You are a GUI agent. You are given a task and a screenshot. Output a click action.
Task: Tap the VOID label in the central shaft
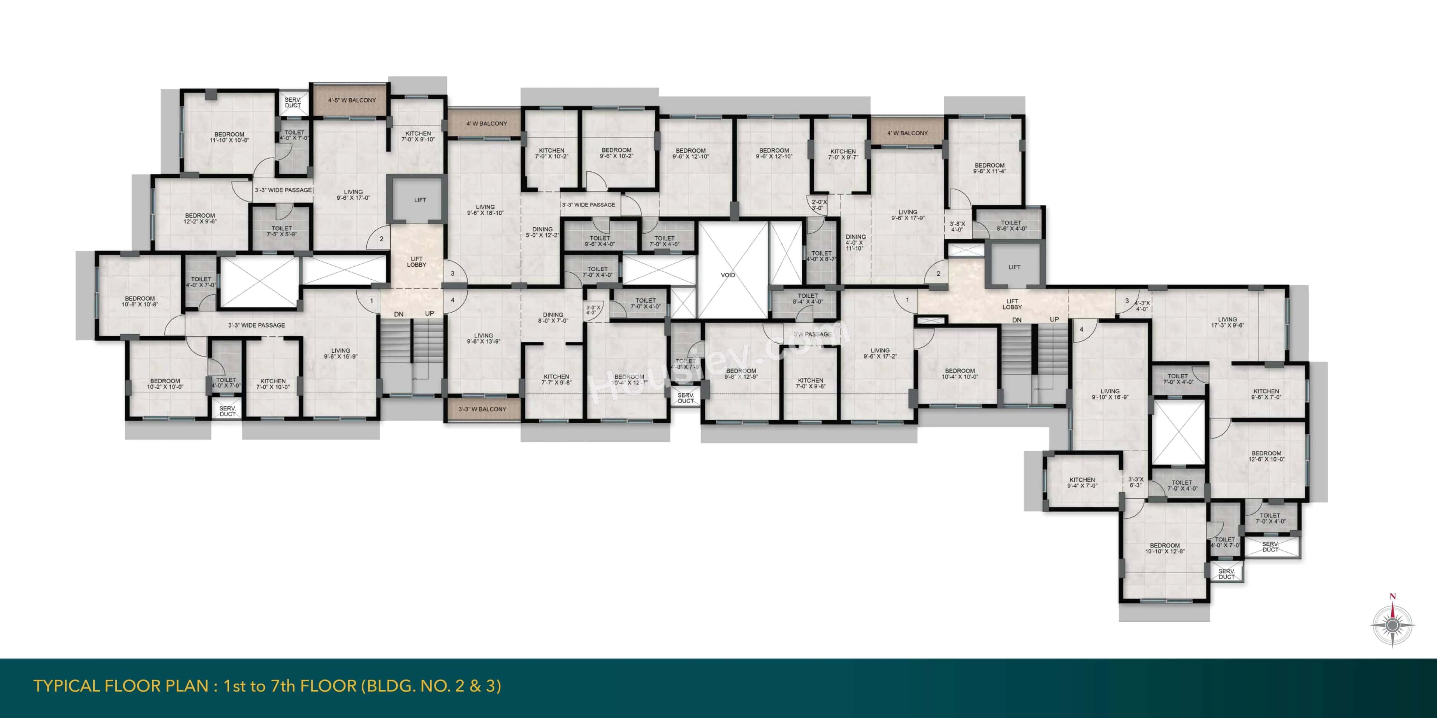click(x=728, y=275)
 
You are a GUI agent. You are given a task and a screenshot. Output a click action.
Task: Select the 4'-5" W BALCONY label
click(x=351, y=100)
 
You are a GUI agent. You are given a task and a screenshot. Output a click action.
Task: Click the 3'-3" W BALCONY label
click(x=482, y=409)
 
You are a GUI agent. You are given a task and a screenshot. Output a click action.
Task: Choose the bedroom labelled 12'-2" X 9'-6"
click(x=200, y=218)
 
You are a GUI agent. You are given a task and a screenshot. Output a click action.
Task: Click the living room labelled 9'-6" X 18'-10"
click(x=485, y=209)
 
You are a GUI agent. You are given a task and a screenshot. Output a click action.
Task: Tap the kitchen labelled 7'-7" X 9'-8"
click(x=556, y=380)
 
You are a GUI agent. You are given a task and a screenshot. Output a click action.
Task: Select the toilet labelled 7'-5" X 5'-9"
click(x=282, y=231)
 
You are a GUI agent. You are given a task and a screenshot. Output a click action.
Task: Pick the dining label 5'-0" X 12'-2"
click(x=542, y=232)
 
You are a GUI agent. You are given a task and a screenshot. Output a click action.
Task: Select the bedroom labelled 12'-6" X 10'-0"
click(x=1266, y=456)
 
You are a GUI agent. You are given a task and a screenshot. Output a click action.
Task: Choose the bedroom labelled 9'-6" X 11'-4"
click(x=989, y=168)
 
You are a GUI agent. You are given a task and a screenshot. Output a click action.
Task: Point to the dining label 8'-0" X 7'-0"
click(x=553, y=318)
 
